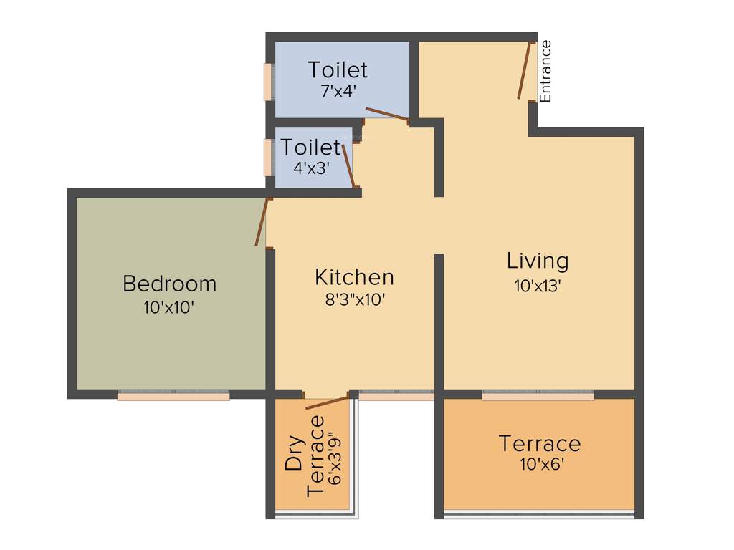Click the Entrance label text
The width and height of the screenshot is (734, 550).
click(x=546, y=71)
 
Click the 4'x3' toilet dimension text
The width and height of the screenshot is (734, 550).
click(x=310, y=169)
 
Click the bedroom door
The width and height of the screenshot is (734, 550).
click(x=262, y=221)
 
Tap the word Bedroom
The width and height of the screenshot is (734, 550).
click(x=169, y=284)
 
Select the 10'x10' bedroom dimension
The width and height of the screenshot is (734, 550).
click(x=169, y=308)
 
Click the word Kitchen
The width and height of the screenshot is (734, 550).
click(x=354, y=277)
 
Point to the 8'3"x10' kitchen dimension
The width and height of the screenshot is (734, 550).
click(x=354, y=300)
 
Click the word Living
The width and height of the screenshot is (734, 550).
click(x=538, y=261)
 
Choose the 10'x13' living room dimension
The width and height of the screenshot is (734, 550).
click(x=538, y=285)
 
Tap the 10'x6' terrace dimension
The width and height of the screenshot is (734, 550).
click(x=539, y=464)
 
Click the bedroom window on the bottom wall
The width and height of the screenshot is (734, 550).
click(x=173, y=394)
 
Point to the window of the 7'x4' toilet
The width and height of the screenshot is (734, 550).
click(x=268, y=82)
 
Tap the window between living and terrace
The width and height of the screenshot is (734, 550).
click(x=538, y=394)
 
